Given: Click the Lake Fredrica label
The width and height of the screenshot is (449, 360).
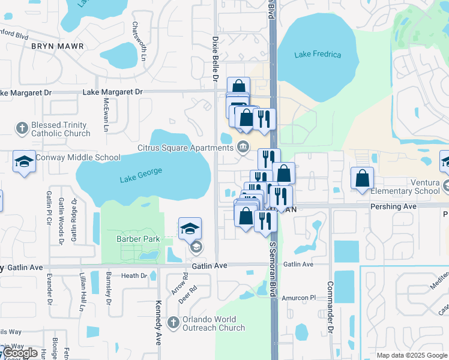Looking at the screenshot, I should coord(318,55).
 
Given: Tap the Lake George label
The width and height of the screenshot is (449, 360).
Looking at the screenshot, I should coord(140,175).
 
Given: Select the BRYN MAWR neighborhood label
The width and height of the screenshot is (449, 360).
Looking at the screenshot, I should coord(57,46).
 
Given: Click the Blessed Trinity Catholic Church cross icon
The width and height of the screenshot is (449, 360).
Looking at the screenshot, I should coord(22,128).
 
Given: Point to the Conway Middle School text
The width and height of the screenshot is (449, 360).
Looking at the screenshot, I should coord(78,158).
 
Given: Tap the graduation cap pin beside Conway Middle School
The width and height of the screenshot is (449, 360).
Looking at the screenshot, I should coord(24,161).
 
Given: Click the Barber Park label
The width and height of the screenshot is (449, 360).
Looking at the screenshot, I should coord(138,239).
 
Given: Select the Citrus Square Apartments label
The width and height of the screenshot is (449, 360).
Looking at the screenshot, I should coord(184,146).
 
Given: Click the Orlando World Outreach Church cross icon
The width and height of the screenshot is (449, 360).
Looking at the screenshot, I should coord(173,323).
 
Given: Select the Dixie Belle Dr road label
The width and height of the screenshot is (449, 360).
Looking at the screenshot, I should coord(214,57).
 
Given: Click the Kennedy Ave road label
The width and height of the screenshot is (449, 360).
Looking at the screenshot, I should coord(158,323).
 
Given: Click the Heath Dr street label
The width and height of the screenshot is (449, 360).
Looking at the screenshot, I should coord(134,276).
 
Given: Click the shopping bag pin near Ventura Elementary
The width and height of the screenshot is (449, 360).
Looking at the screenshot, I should coord(363,178).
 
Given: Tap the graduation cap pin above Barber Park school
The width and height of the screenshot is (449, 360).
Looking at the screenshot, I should coord(190,229).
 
